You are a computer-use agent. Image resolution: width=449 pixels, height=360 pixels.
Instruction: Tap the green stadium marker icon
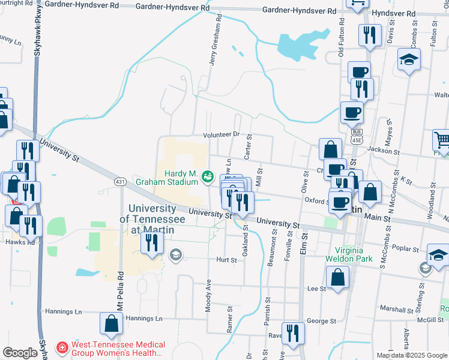(x=208, y=176)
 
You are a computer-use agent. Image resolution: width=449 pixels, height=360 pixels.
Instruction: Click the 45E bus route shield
(x=357, y=136)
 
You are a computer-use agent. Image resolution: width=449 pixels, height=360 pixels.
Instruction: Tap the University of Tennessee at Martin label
(x=152, y=214)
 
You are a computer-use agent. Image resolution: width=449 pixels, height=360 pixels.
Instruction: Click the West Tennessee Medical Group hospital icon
(x=62, y=347)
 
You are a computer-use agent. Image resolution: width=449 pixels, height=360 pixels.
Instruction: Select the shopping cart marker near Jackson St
(x=442, y=140)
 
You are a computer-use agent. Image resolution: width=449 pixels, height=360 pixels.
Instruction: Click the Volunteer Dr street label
(x=221, y=135)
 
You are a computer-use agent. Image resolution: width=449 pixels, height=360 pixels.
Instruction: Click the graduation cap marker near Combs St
(x=409, y=59)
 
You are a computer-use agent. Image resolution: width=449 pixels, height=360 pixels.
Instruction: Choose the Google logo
(x=20, y=353)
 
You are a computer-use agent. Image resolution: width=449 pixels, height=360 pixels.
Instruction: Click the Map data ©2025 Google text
(x=412, y=355)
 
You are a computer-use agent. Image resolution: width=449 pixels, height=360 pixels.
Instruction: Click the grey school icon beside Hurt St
(x=175, y=254)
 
